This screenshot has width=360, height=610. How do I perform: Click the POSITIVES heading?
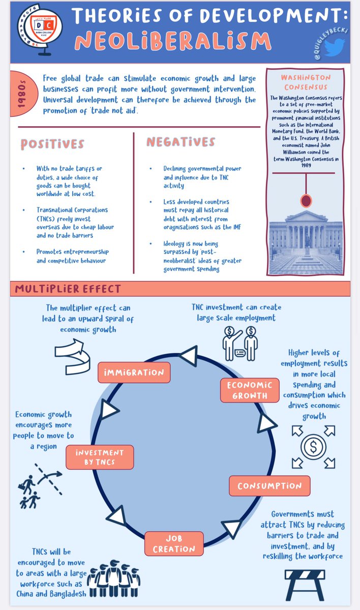pyautogui.click(x=52, y=144)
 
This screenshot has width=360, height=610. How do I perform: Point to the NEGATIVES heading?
pyautogui.click(x=181, y=142)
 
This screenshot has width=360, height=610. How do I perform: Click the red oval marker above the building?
pyautogui.click(x=306, y=200)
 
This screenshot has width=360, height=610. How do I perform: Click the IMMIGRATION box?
pyautogui.click(x=134, y=372)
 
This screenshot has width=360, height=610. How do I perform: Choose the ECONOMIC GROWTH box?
pyautogui.click(x=250, y=390)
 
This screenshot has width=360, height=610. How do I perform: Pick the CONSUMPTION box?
pyautogui.click(x=269, y=485)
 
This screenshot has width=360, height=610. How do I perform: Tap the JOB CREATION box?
pyautogui.click(x=173, y=544)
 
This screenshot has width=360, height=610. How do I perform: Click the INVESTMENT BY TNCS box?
pyautogui.click(x=100, y=457)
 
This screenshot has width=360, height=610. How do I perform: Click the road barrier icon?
pyautogui.click(x=307, y=584)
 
